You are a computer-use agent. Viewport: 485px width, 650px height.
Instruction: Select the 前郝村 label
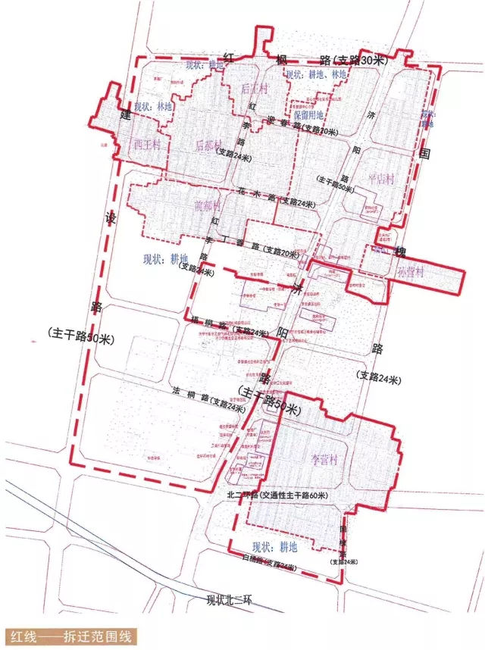coord(207,205)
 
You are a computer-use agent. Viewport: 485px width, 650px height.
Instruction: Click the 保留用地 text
coord(308,115)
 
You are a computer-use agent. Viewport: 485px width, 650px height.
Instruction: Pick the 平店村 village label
coord(380,179)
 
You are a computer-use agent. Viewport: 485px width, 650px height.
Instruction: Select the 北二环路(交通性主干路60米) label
coord(277,495)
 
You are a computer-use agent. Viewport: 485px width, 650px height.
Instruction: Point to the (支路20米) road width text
coord(281,252)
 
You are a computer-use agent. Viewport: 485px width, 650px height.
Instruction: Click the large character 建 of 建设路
coord(125,114)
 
